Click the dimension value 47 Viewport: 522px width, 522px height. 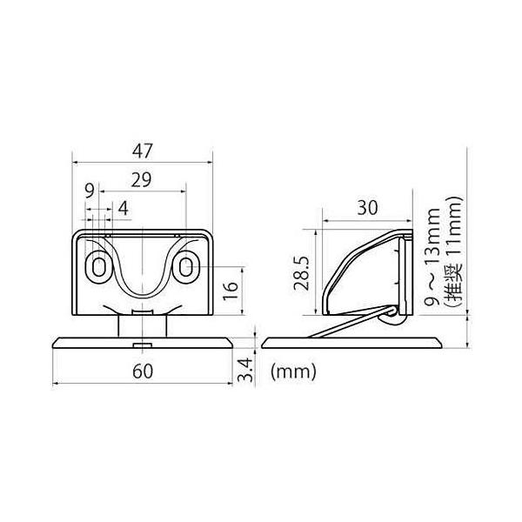142,151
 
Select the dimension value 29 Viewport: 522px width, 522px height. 141,180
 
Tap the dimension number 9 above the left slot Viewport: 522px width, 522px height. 90,191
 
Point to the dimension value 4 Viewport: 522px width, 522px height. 124,209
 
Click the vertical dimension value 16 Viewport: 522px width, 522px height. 231,291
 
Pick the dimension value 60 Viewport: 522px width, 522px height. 143,371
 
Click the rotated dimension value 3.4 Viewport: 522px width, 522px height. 245,370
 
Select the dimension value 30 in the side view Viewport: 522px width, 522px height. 367,208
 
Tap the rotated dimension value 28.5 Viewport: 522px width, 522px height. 302,273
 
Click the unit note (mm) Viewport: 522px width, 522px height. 293,371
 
